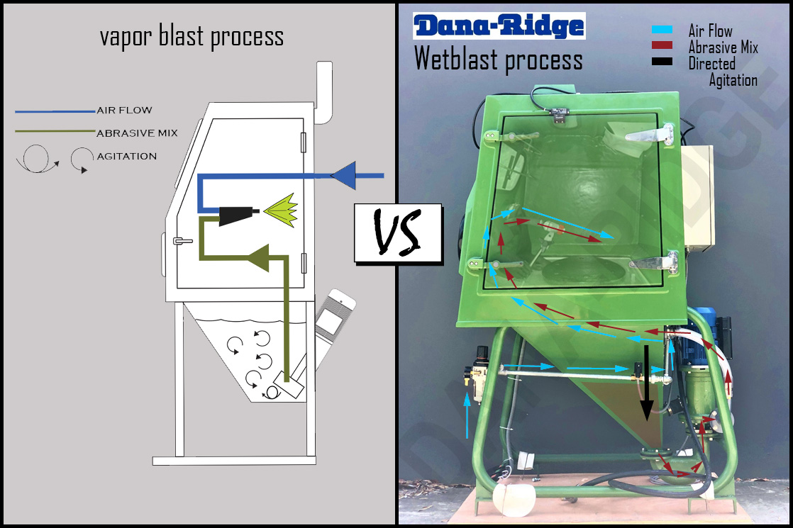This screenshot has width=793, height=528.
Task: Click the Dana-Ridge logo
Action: (499, 26)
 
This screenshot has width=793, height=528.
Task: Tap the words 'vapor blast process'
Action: (192, 36)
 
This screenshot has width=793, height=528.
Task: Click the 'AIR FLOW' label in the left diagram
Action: (124, 111)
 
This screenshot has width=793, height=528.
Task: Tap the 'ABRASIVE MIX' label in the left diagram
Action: (137, 133)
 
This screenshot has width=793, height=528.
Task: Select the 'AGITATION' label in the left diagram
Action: (126, 156)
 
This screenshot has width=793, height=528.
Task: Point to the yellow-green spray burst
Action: (279, 210)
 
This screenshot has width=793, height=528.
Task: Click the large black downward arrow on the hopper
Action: (647, 383)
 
